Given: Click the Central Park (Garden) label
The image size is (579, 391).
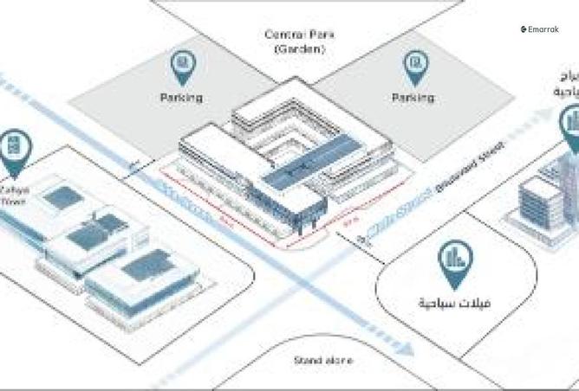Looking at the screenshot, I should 299,42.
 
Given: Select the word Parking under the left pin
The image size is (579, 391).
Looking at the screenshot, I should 181,98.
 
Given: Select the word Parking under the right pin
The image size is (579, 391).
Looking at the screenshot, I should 413,98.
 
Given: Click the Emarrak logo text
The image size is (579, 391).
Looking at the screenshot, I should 540,29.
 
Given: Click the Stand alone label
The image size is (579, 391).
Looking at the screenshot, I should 322,360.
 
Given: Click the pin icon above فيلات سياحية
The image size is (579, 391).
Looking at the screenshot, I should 453,261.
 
